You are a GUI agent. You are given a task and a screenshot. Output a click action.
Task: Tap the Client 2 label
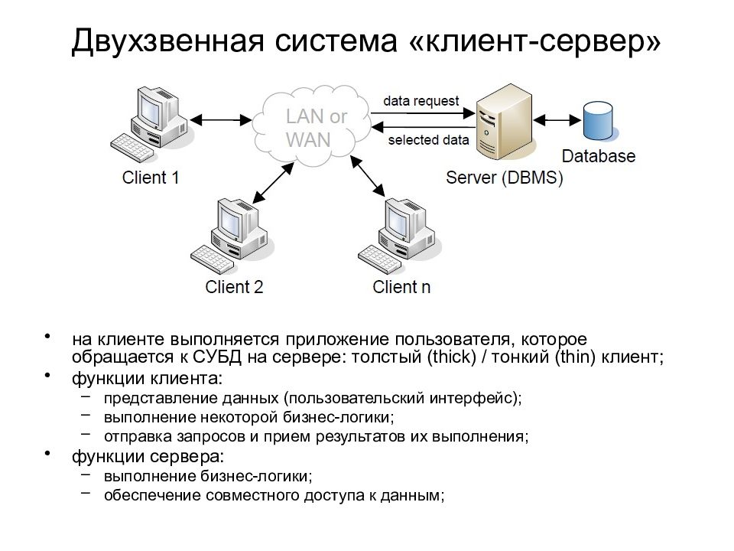click(x=234, y=287)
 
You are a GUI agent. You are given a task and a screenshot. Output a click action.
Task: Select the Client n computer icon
click(x=399, y=236)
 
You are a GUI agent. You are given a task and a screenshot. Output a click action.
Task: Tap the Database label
click(x=598, y=156)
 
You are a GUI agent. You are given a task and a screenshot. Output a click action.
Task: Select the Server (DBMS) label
click(x=504, y=178)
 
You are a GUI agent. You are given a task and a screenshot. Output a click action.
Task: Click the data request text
click(x=421, y=101)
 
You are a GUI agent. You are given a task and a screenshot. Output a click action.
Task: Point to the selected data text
click(x=428, y=139)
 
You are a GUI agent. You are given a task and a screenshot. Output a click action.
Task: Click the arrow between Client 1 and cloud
click(x=220, y=120)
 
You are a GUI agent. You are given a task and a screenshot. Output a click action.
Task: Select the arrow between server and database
click(x=557, y=120)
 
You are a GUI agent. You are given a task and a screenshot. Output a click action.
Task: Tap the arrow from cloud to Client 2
click(x=273, y=183)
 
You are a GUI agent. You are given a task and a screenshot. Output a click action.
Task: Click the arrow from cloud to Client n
click(x=368, y=176)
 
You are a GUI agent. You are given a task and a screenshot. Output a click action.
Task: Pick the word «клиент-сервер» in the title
click(x=535, y=41)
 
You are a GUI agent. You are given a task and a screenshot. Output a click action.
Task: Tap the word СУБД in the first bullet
click(x=217, y=357)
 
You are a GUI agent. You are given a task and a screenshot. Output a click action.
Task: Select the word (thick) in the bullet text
click(x=451, y=357)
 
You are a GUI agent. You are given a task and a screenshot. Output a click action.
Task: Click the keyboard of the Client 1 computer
click(x=132, y=148)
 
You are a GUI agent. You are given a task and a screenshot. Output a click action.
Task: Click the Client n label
click(x=401, y=287)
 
